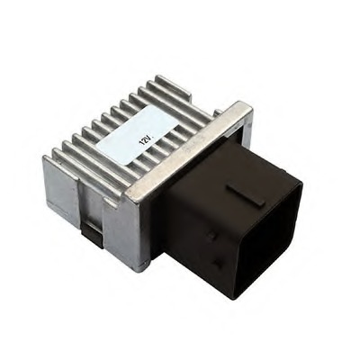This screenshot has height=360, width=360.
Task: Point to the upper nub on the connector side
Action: coord(211,236)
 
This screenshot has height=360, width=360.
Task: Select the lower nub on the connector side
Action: coord(217,264)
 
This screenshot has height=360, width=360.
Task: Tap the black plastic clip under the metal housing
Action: coord(93,235)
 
